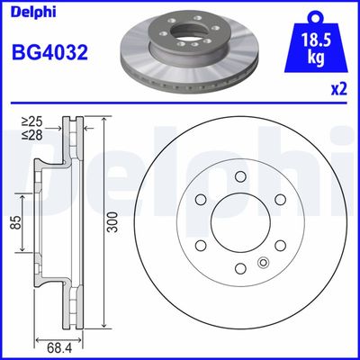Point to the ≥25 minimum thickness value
coord(32,121)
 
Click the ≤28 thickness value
coord(32,135)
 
